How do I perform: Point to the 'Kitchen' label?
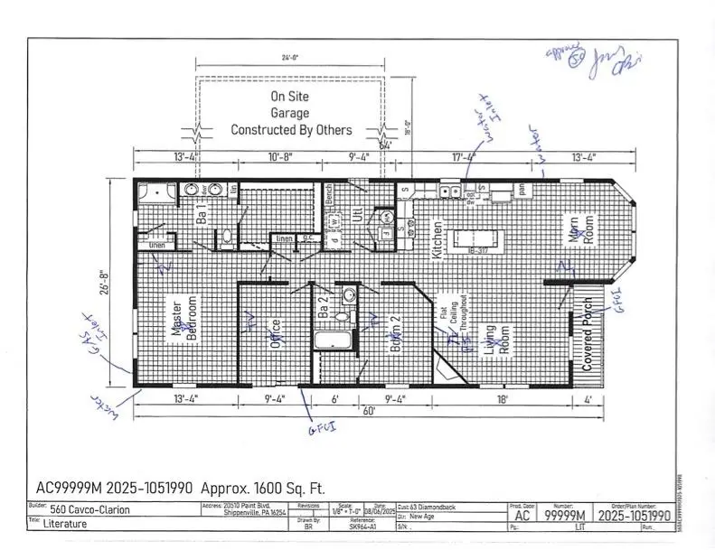coord(437,241)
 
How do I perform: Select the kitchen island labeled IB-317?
coord(477,240)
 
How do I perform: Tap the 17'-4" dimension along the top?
coord(465,157)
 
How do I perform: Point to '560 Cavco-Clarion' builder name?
coord(90,509)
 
